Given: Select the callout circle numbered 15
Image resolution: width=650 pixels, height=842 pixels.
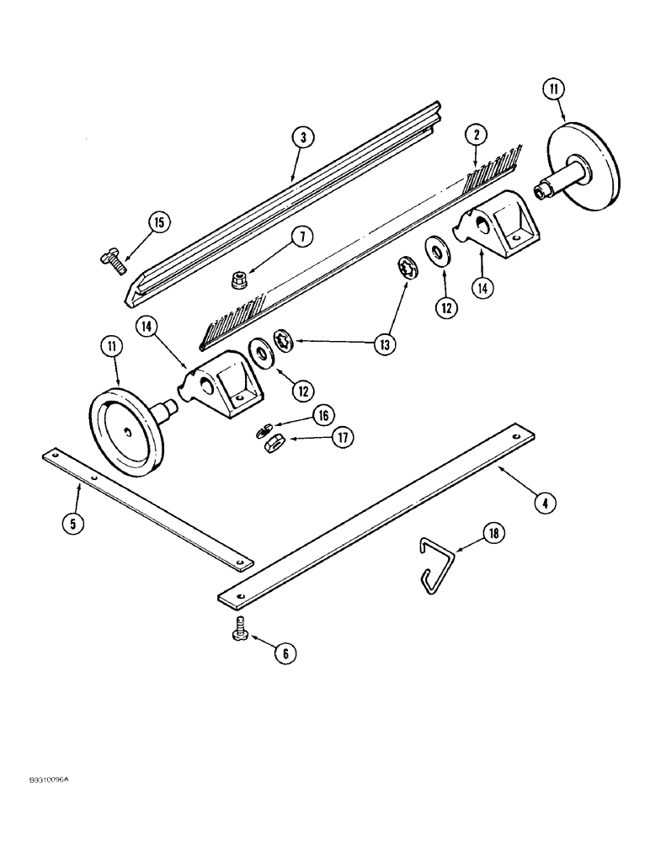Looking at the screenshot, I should pyautogui.click(x=157, y=223).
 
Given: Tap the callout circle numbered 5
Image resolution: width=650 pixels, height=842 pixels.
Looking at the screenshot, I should pyautogui.click(x=73, y=522).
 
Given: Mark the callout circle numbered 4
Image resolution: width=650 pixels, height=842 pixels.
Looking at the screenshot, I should pyautogui.click(x=545, y=503).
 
